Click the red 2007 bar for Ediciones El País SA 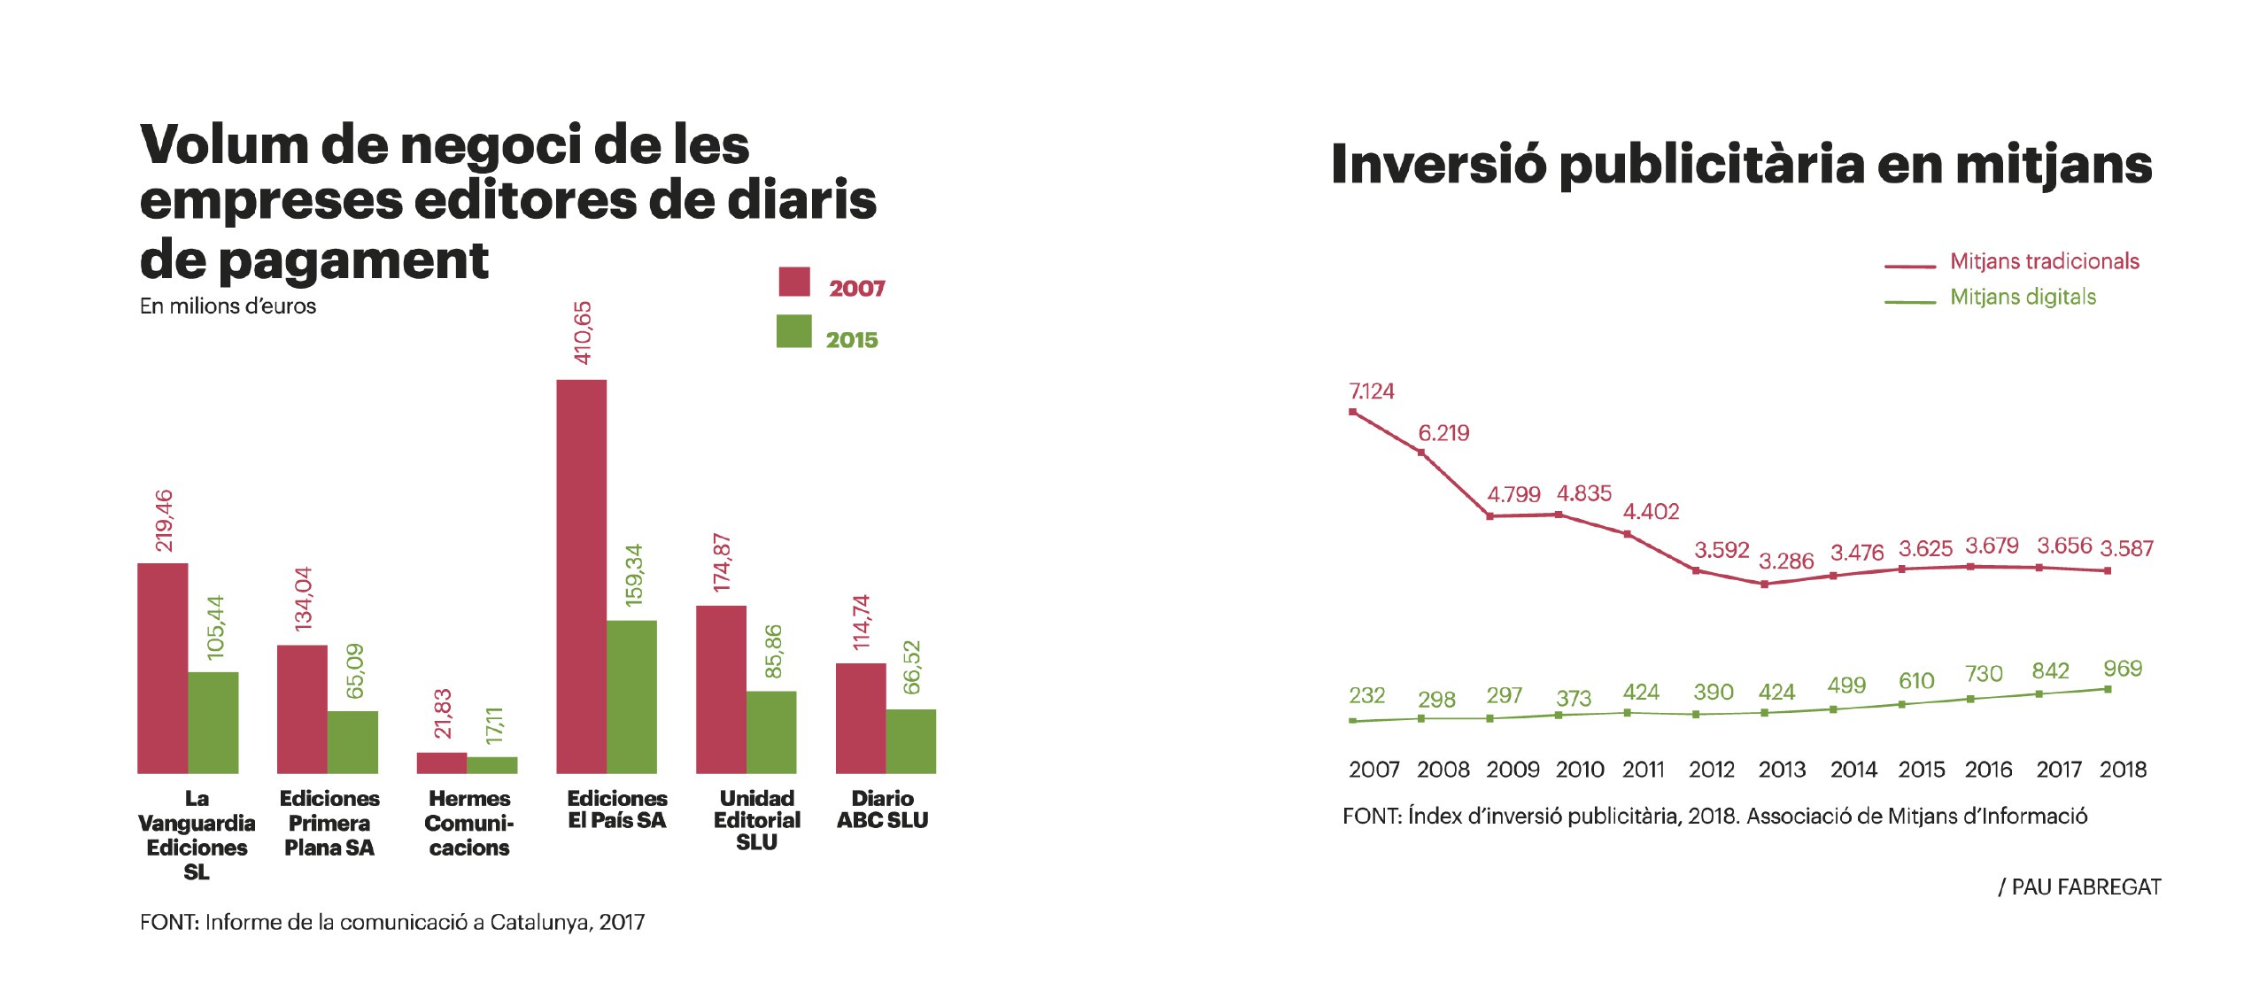pos(581,576)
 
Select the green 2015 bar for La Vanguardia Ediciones pos(213,722)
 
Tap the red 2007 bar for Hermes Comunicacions pos(441,763)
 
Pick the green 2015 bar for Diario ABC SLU pos(910,740)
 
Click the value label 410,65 pos(583,333)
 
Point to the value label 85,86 pos(773,652)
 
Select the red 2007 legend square pos(794,282)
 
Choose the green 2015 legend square pos(793,331)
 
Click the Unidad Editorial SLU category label pos(756,820)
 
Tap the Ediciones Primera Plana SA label pos(329,823)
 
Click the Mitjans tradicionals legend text pos(2044,261)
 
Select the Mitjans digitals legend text pos(2023,297)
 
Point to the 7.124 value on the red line pos(1371,391)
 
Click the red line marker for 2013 pos(1764,585)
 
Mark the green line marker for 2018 pos(2108,689)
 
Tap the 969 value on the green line pos(2123,669)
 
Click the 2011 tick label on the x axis pos(1644,770)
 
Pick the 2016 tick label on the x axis pos(1988,770)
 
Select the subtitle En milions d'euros pos(228,306)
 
